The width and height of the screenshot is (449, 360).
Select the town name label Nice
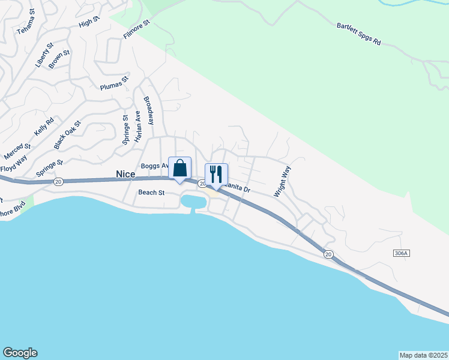pos(126,173)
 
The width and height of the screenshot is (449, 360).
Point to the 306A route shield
pos(402,254)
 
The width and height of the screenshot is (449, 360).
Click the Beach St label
pos(151,193)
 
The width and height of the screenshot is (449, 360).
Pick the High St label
pos(88,23)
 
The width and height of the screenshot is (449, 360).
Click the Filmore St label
pos(136,29)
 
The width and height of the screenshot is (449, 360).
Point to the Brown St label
pos(59,59)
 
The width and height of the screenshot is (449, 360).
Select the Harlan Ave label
pos(137,126)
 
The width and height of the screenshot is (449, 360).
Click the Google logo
pos(20,353)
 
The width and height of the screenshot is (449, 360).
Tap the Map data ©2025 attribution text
pos(423,355)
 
